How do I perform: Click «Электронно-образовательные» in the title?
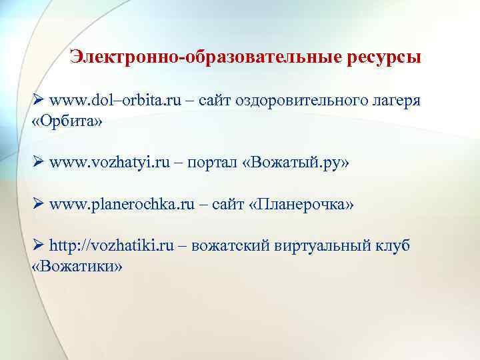tap(206, 57)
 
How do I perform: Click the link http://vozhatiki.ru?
tap(112, 245)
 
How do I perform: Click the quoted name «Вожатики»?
tap(77, 267)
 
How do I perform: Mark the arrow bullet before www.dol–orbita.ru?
tap(38, 100)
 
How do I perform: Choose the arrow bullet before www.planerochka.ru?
tap(38, 203)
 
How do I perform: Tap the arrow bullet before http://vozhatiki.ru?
tap(38, 245)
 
